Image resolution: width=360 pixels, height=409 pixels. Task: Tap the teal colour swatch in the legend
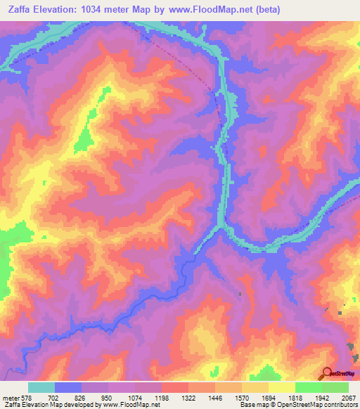point(41,387)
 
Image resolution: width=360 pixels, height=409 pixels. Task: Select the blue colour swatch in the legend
point(68,387)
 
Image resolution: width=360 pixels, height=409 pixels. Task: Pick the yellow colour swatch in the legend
point(281,387)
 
